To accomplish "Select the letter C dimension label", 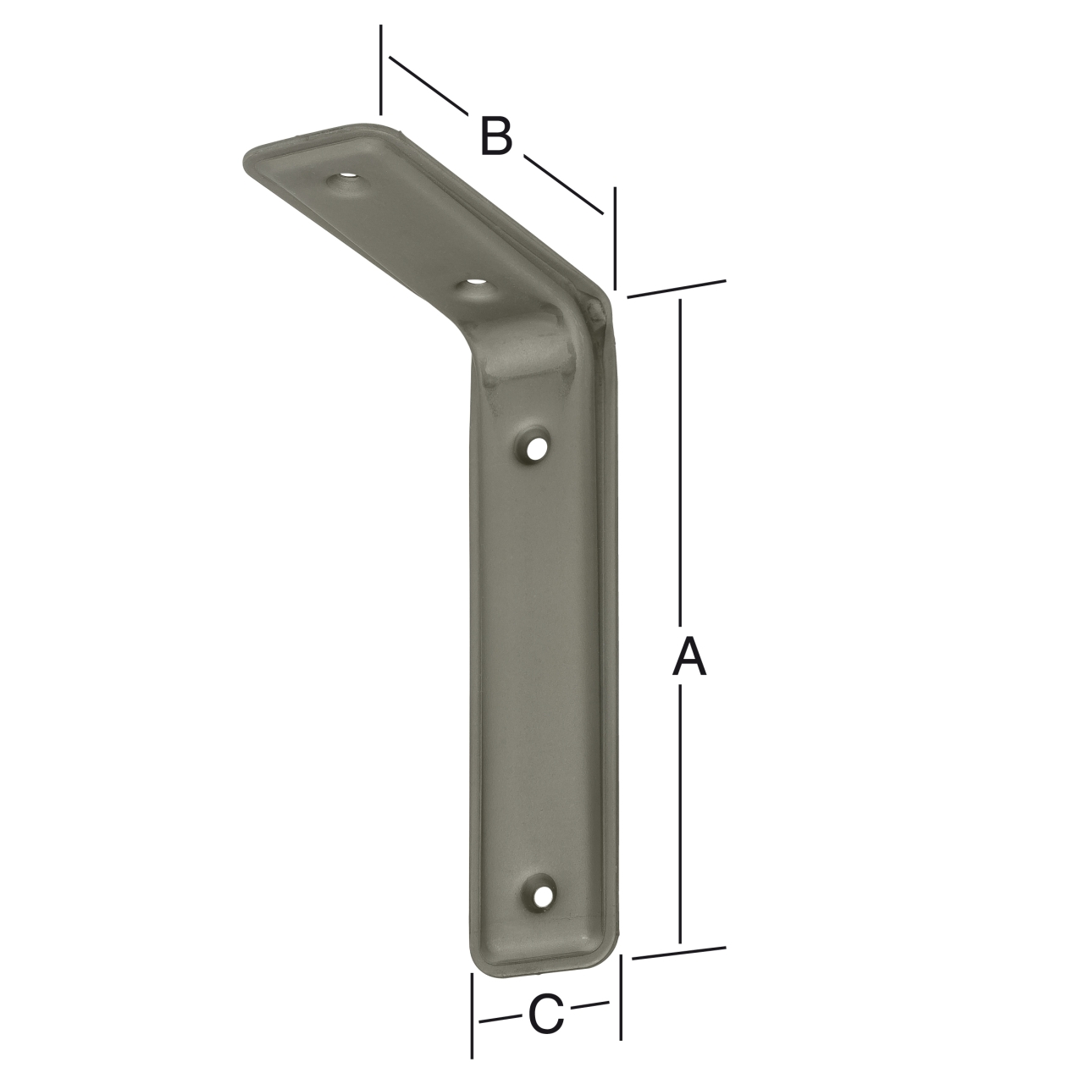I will coord(546,1014).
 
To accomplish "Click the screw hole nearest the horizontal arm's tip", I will coord(346,182).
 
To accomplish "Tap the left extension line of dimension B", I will coord(381,69).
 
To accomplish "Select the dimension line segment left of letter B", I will coord(428,85).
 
